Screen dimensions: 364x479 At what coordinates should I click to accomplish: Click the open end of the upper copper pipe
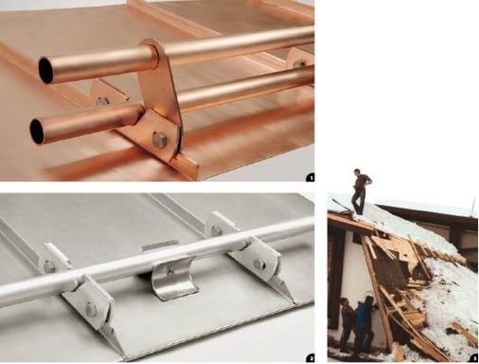[45, 69]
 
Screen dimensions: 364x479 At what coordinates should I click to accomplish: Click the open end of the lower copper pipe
[38, 131]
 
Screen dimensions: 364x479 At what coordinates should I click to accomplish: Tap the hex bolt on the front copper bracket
[160, 140]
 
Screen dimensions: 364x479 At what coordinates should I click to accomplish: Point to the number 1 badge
[310, 176]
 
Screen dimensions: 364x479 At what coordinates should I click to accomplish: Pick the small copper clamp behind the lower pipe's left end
[100, 97]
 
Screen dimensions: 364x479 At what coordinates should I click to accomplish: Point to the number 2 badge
[310, 357]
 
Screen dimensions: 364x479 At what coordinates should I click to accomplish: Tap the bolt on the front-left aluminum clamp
[91, 309]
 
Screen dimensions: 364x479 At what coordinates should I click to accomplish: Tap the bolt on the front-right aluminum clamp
[259, 264]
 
